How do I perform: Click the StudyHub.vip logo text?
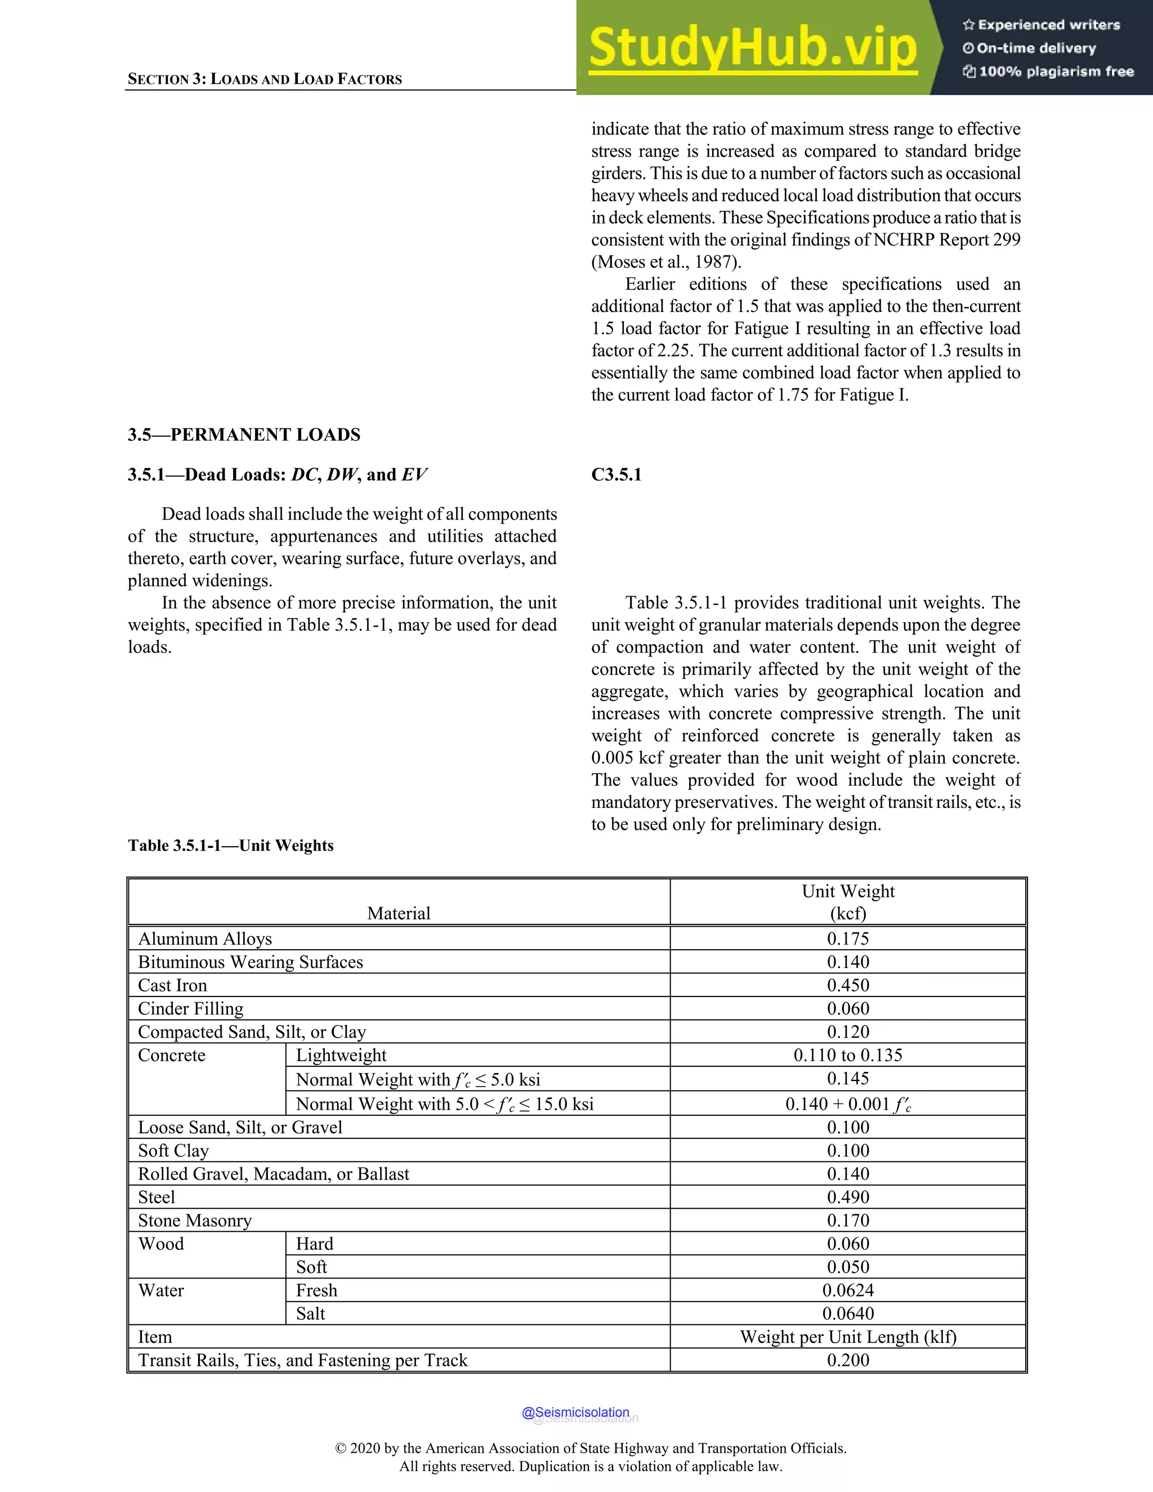(752, 48)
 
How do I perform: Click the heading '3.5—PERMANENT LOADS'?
(244, 435)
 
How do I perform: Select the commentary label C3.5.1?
(616, 475)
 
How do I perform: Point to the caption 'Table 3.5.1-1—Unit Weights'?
(231, 846)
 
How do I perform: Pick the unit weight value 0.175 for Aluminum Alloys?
(848, 939)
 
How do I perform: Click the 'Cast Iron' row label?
(172, 985)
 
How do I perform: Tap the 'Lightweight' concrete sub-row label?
(341, 1056)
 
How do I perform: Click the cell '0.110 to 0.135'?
(848, 1056)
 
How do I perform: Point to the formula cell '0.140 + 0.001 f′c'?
(848, 1104)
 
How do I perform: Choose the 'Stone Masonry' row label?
(195, 1220)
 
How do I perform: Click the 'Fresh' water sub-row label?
(316, 1290)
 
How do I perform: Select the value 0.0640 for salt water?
(848, 1313)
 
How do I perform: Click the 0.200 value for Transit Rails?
(848, 1360)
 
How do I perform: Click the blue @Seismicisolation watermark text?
(575, 1412)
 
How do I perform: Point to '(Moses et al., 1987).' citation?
(666, 262)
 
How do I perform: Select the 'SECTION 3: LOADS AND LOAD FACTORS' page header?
(265, 79)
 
